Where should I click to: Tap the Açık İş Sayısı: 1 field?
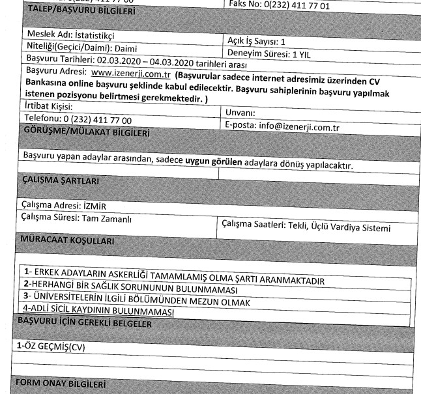tap(261, 40)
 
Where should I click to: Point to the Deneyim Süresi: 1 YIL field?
tap(273, 53)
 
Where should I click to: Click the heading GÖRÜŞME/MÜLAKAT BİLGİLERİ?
tap(85, 133)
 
